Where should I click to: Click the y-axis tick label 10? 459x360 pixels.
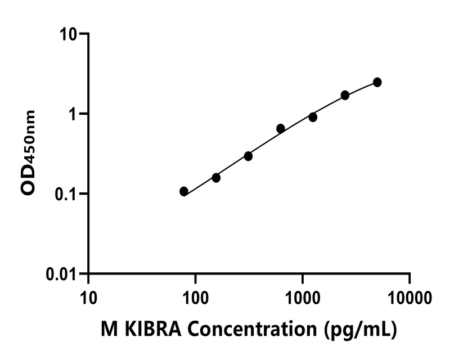[70, 34]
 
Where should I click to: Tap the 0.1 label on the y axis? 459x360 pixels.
[66, 194]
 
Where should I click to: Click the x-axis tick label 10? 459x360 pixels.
[88, 295]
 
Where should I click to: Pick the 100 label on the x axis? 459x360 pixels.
[195, 295]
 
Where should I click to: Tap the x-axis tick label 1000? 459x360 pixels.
[303, 295]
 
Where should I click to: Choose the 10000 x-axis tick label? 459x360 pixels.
[409, 295]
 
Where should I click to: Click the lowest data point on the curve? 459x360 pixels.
[184, 191]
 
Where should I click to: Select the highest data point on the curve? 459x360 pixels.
[377, 82]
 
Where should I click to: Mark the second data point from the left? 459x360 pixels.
[216, 178]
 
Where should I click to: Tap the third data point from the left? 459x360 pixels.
[248, 156]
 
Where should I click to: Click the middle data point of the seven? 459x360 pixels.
[281, 128]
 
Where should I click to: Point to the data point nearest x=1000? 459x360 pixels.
[313, 117]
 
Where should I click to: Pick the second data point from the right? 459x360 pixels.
[345, 95]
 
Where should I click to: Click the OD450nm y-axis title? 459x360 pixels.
[28, 153]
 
